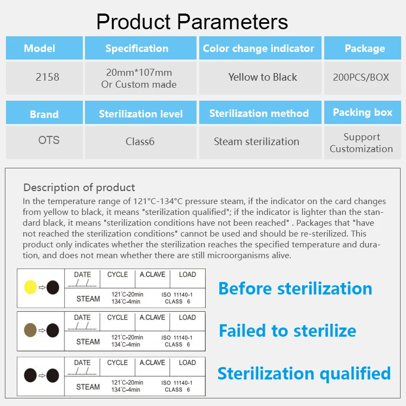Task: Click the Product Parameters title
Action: (192, 22)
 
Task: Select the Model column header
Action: (43, 48)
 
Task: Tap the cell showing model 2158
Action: (47, 77)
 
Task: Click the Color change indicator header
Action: (258, 48)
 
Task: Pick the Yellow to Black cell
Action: (263, 77)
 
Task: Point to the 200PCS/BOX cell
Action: (361, 77)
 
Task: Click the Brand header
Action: (44, 114)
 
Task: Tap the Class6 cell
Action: (140, 141)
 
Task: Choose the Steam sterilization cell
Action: (256, 141)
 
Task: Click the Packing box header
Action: (362, 113)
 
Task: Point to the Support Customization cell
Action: (361, 143)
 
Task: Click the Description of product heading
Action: (79, 188)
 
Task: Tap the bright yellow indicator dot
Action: (30, 288)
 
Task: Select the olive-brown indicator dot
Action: (30, 329)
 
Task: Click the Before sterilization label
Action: (295, 288)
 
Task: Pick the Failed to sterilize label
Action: (287, 330)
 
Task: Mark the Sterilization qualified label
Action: (304, 373)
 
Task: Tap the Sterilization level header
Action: (141, 114)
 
